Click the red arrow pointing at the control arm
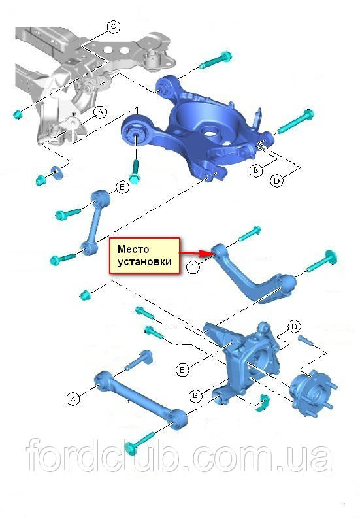point(195,254)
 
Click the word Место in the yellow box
point(133,249)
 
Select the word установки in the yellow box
point(144,262)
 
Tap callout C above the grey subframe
point(114,27)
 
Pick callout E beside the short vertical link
point(122,188)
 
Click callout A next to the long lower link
point(73,399)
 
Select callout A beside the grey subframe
point(100,112)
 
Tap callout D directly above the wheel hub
point(294,327)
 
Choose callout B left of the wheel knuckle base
point(195,395)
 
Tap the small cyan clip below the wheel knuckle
point(263,402)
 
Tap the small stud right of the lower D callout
point(305,341)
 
